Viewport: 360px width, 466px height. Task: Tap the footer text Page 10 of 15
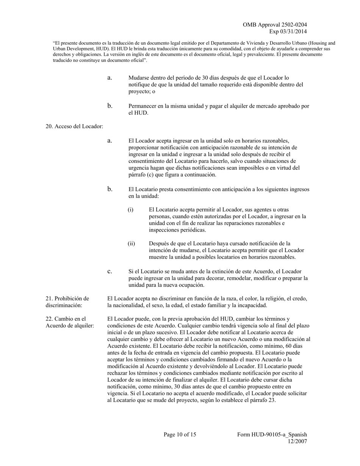tap(180, 435)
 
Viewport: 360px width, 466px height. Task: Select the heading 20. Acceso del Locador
tap(74, 126)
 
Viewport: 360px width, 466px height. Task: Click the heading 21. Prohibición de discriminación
tap(67, 302)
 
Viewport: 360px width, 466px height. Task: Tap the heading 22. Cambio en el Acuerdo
tap(70, 322)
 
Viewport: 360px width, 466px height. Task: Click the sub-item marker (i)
tap(130, 210)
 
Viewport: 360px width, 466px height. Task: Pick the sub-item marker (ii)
tap(131, 244)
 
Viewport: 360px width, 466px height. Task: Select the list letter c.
tap(110, 271)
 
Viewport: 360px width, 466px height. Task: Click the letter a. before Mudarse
tap(110, 78)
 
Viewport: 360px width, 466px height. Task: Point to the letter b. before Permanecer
tap(110, 106)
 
